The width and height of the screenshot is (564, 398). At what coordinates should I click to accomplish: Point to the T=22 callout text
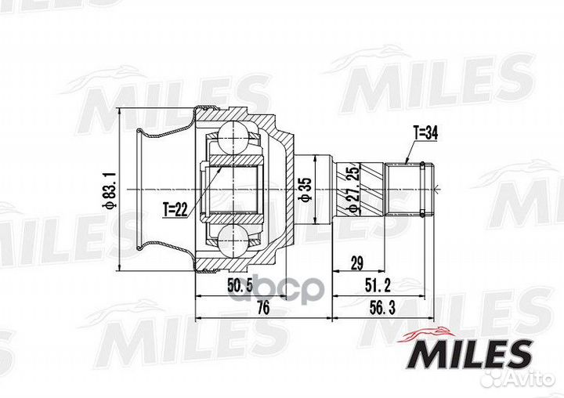tap(177, 208)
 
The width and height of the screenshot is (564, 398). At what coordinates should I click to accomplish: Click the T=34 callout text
tap(425, 133)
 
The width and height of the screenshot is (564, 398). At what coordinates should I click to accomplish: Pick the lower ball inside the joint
tap(234, 241)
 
